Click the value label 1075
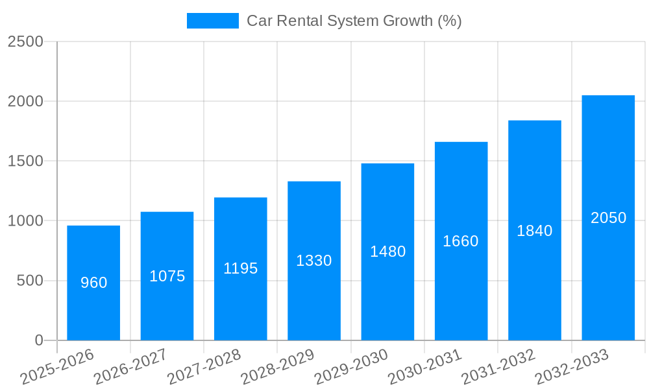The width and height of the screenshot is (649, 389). [167, 276]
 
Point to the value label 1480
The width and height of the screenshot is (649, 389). [387, 252]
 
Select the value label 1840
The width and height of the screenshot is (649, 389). [535, 231]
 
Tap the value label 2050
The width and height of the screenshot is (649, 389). [608, 218]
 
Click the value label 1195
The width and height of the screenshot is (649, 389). [241, 268]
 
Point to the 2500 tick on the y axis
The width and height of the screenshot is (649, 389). [25, 41]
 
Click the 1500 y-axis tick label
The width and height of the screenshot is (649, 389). [25, 161]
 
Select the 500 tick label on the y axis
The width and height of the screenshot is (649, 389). [30, 281]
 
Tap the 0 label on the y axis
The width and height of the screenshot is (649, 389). [38, 340]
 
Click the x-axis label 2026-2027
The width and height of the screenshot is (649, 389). [130, 367]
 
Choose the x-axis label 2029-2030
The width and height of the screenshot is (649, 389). [351, 367]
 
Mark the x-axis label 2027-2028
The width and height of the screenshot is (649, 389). [204, 367]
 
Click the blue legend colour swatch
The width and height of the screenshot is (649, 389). [212, 21]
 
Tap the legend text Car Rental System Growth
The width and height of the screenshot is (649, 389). [354, 21]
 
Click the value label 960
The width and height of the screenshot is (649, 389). [93, 283]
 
